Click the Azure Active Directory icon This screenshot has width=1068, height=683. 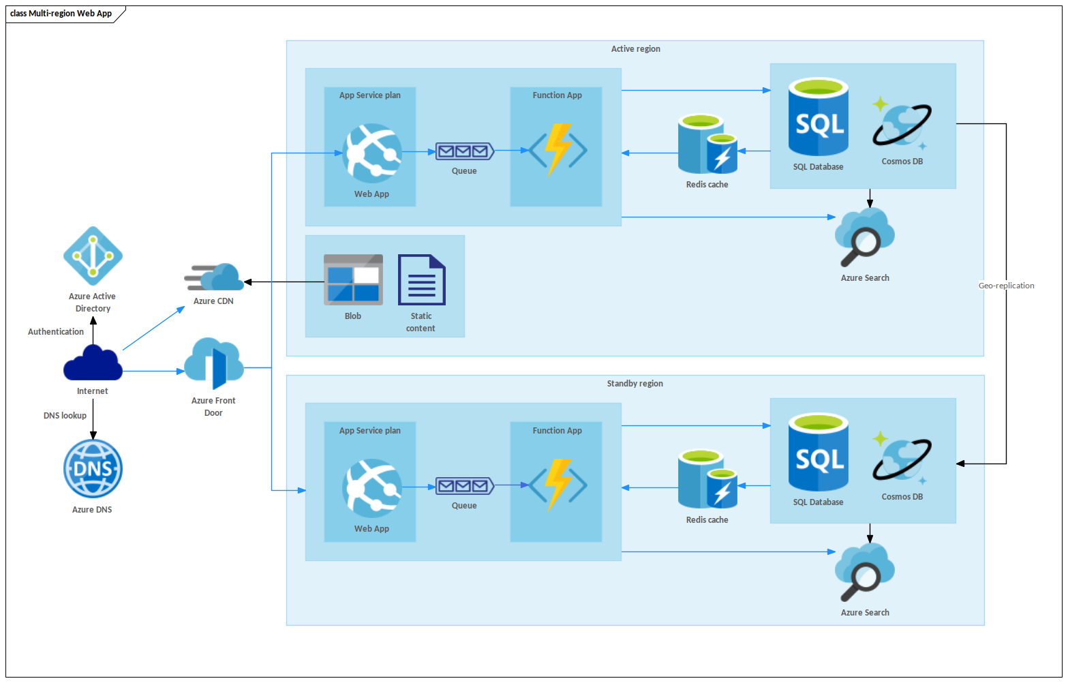coord(93,256)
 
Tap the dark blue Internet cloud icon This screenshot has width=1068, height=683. coord(93,363)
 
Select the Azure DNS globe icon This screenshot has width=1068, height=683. coord(93,469)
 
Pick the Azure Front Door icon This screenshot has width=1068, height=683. coord(214,365)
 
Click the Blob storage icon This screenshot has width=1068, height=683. coord(353,279)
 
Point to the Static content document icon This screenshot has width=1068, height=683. coord(421,279)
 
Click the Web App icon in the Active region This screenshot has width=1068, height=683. coord(372,153)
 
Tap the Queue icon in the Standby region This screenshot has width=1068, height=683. coord(464,486)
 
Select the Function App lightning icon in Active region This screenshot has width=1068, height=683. coord(558,150)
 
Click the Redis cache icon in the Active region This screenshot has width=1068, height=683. coord(707,145)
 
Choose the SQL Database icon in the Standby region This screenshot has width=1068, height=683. coord(818,453)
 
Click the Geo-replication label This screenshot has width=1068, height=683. coord(1006,286)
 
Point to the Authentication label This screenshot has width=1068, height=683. coord(56,332)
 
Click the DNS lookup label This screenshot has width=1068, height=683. coord(65,416)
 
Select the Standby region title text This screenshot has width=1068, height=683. coord(635,384)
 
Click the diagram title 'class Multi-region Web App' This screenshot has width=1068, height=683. coord(61,14)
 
